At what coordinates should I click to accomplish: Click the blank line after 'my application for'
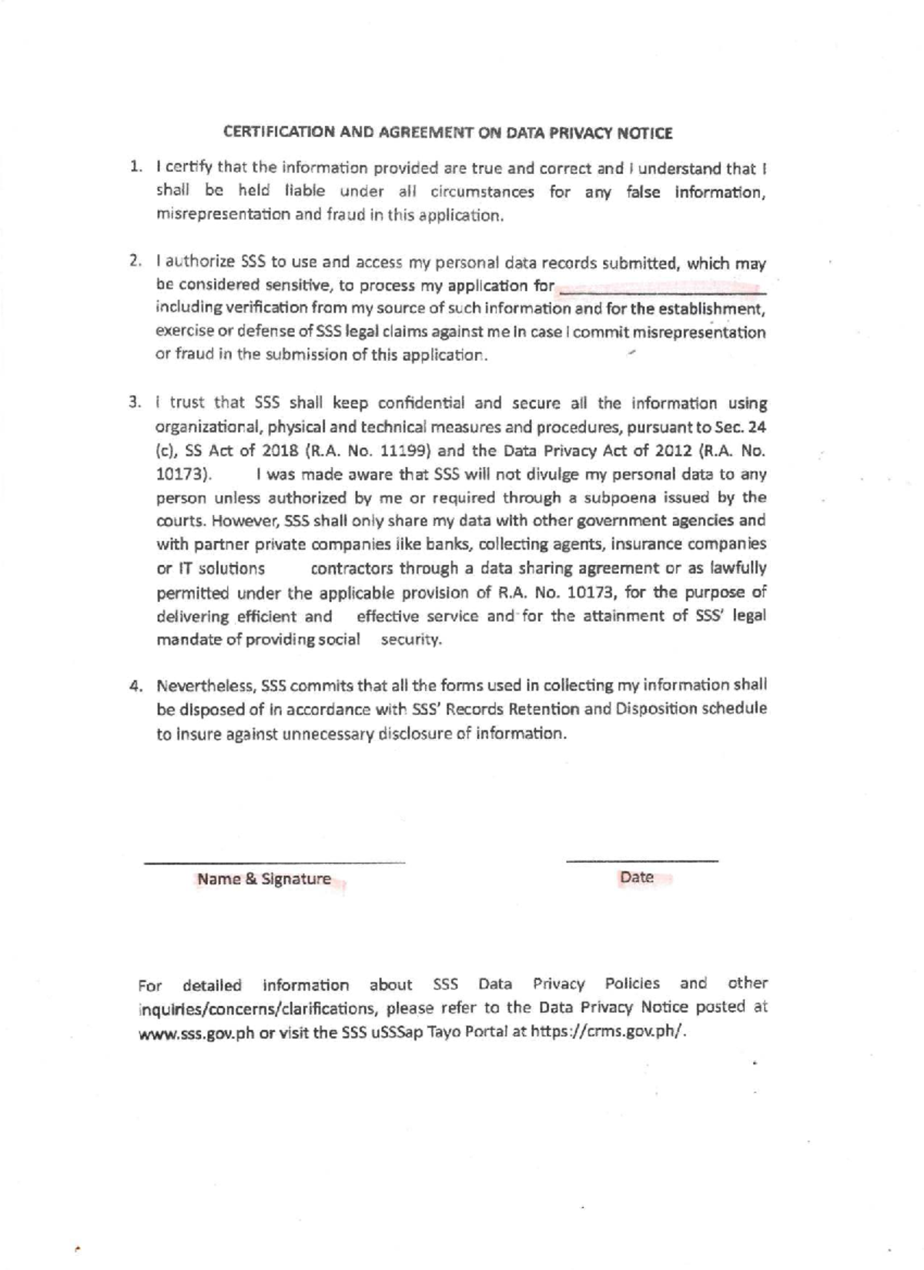(661, 292)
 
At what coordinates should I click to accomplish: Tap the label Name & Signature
(264, 879)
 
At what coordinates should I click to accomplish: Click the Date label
(636, 877)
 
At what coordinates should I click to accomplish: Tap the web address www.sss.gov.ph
(196, 1033)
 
